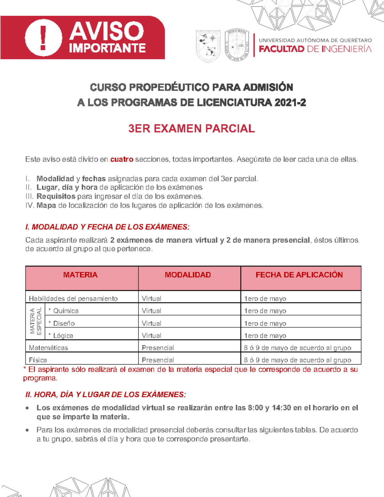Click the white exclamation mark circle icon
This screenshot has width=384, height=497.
43,38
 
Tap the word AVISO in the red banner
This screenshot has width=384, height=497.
106,31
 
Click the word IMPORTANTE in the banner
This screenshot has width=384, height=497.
107,48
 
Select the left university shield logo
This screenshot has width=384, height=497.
208,46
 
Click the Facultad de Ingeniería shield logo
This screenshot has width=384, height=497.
237,45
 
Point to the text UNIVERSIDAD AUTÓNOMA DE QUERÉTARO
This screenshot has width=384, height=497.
315,40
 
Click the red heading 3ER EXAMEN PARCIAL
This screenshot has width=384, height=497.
191,129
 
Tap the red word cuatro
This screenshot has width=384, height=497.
122,159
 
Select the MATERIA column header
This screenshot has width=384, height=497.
80,275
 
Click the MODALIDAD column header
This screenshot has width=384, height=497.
188,275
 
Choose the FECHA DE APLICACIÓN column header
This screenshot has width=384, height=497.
299,275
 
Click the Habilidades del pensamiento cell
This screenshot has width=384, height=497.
73,299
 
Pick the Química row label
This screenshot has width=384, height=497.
66,311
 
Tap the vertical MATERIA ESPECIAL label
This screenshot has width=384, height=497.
36,321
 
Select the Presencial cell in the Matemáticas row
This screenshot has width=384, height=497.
158,348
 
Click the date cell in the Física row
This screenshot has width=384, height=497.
297,360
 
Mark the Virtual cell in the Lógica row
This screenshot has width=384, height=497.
151,336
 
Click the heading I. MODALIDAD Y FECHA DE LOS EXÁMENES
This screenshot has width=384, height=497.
107,227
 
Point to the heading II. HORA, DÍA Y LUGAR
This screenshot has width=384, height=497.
105,395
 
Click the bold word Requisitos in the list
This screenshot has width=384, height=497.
56,196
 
